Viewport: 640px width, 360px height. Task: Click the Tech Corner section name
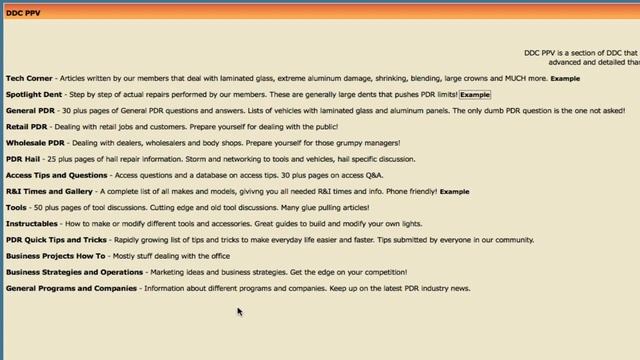[x=29, y=77]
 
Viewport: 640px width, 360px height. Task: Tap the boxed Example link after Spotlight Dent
[x=475, y=94]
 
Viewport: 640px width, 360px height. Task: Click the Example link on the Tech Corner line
[x=565, y=78]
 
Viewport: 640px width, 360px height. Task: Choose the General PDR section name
[x=30, y=110]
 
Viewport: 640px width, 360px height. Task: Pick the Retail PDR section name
[x=27, y=127]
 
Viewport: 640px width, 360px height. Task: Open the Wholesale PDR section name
[x=34, y=143]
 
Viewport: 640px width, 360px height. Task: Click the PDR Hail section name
[x=23, y=159]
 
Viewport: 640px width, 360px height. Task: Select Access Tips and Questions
[x=56, y=175]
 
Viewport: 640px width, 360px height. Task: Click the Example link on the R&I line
[x=454, y=191]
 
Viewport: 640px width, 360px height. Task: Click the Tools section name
[x=16, y=207]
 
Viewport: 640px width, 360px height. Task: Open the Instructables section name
[x=32, y=223]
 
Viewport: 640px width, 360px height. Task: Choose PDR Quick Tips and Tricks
[x=56, y=240]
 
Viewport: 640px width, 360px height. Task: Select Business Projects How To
[x=55, y=256]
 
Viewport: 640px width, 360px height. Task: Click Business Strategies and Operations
[x=75, y=272]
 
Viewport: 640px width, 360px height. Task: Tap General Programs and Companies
[x=71, y=288]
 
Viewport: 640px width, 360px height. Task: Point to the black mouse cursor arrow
[x=239, y=311]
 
